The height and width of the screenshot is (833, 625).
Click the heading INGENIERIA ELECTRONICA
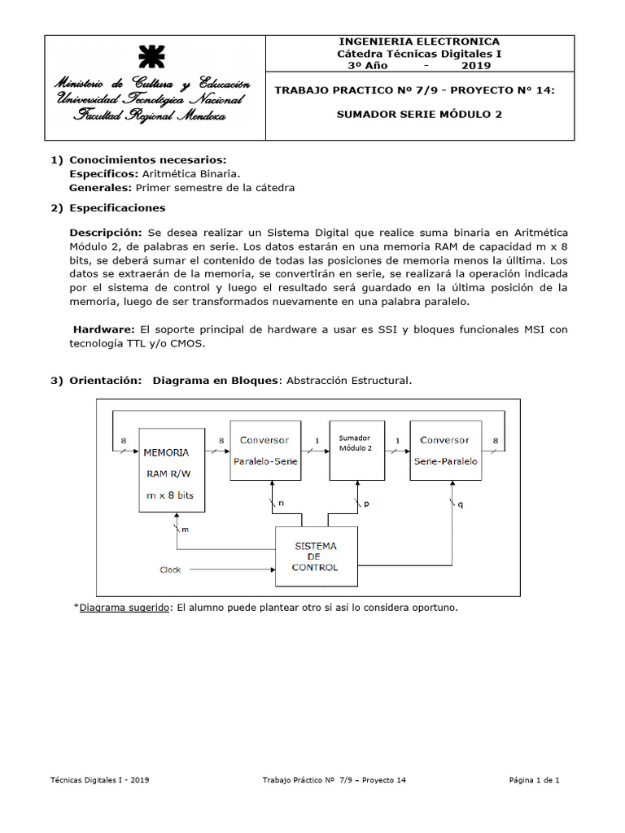[419, 41]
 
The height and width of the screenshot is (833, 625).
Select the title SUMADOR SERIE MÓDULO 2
[419, 114]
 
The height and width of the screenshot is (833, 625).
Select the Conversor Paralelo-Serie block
[264, 450]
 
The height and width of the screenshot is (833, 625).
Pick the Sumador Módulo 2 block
[356, 450]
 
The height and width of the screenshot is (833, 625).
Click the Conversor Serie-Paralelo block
[444, 450]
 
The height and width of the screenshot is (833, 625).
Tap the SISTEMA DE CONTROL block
[316, 556]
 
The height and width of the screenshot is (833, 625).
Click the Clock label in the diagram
[170, 570]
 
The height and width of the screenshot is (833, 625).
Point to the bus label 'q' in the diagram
[461, 504]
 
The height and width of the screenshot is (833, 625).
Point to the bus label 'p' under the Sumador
[366, 504]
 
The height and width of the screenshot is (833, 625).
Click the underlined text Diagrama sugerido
[125, 608]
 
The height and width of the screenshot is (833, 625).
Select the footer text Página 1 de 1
[534, 780]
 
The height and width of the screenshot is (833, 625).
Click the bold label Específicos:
[104, 173]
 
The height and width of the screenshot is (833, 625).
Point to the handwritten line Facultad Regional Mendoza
[151, 116]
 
